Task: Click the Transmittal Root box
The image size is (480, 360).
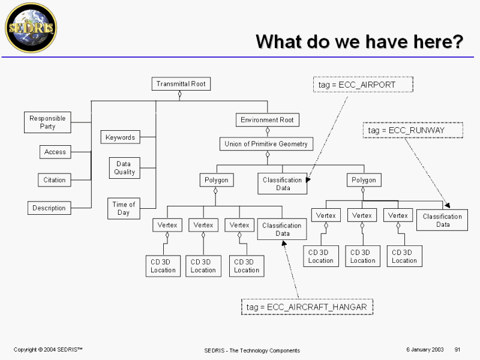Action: point(181,84)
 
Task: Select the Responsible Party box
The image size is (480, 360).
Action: point(47,122)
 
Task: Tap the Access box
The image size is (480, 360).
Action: point(55,152)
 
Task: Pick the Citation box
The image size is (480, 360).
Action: point(55,180)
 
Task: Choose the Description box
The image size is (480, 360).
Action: point(49,208)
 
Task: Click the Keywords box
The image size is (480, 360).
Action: point(120,137)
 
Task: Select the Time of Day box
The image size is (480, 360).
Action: point(124,208)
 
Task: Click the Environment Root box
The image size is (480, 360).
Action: point(267,120)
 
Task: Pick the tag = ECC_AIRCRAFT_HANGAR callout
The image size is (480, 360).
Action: point(307,307)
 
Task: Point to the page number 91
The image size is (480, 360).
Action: point(457,349)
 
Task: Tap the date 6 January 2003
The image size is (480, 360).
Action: point(425,349)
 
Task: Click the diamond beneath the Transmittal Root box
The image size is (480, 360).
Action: point(180,94)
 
